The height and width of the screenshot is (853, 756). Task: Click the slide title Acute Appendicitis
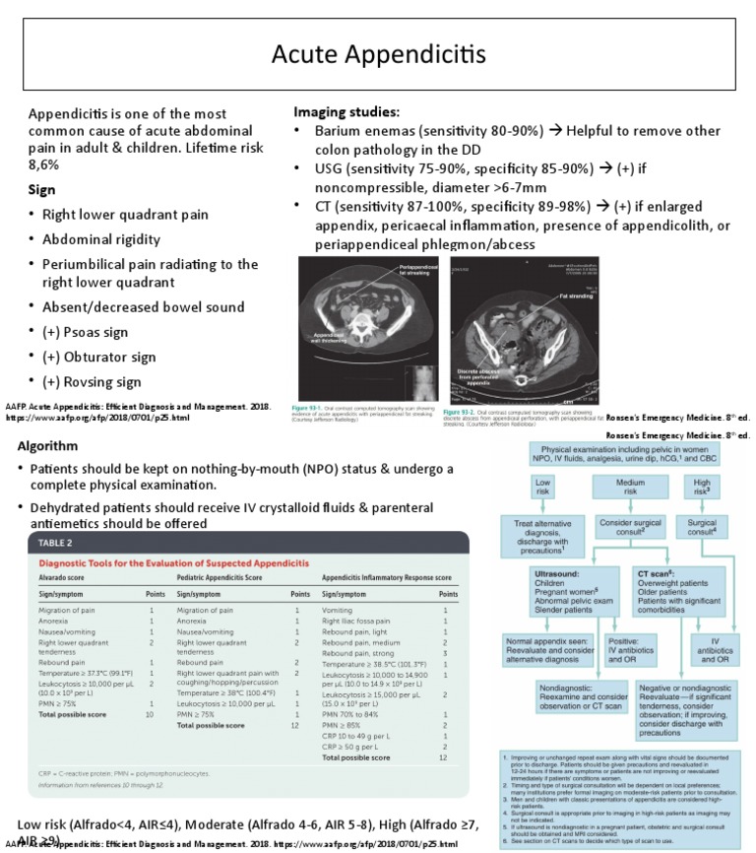(378, 53)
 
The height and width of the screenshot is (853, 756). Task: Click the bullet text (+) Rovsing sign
(92, 382)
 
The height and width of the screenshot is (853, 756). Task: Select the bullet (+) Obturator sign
(98, 357)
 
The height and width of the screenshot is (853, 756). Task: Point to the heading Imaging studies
(346, 112)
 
